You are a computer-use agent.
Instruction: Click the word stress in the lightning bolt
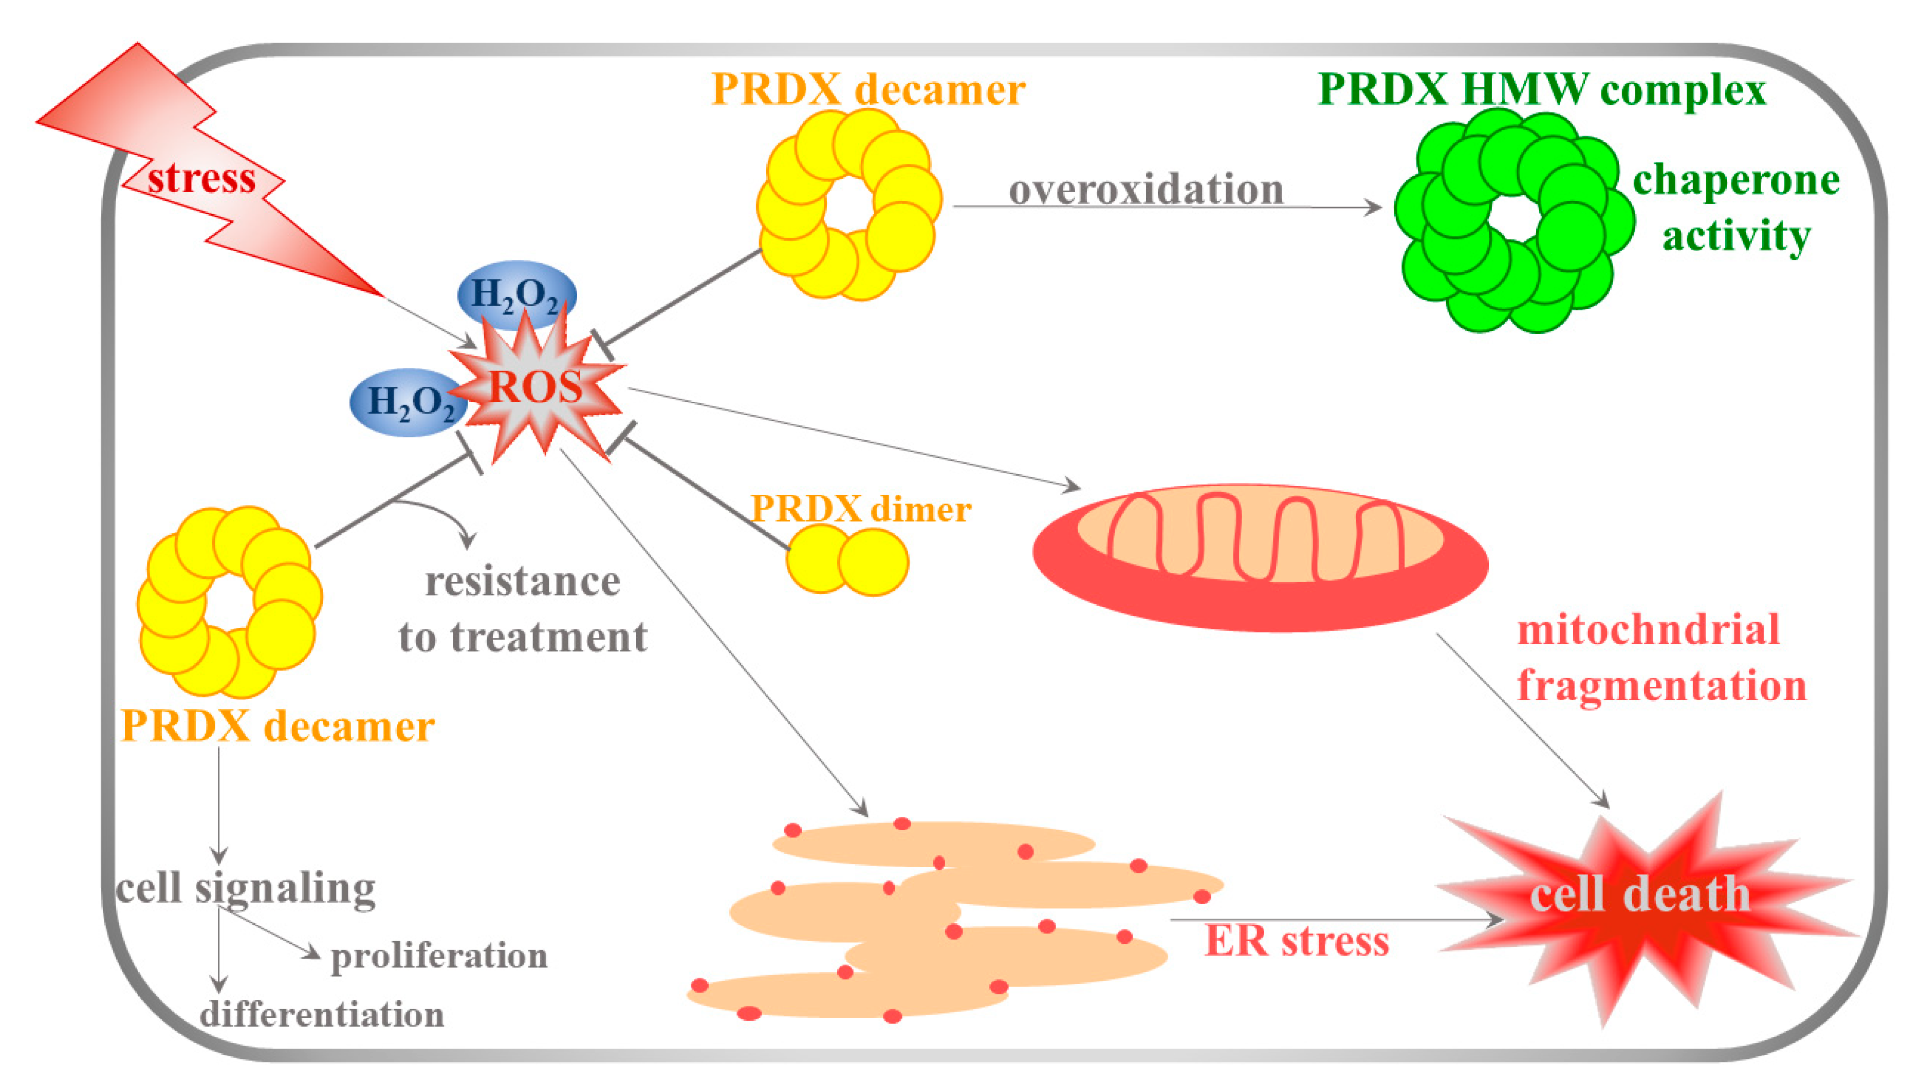tap(201, 179)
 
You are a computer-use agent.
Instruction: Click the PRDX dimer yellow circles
tap(847, 561)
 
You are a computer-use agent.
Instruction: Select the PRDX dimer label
tap(861, 509)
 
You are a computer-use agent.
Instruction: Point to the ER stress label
tap(1297, 941)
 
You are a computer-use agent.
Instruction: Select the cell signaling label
tap(246, 888)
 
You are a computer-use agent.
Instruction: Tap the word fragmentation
tap(1662, 686)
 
